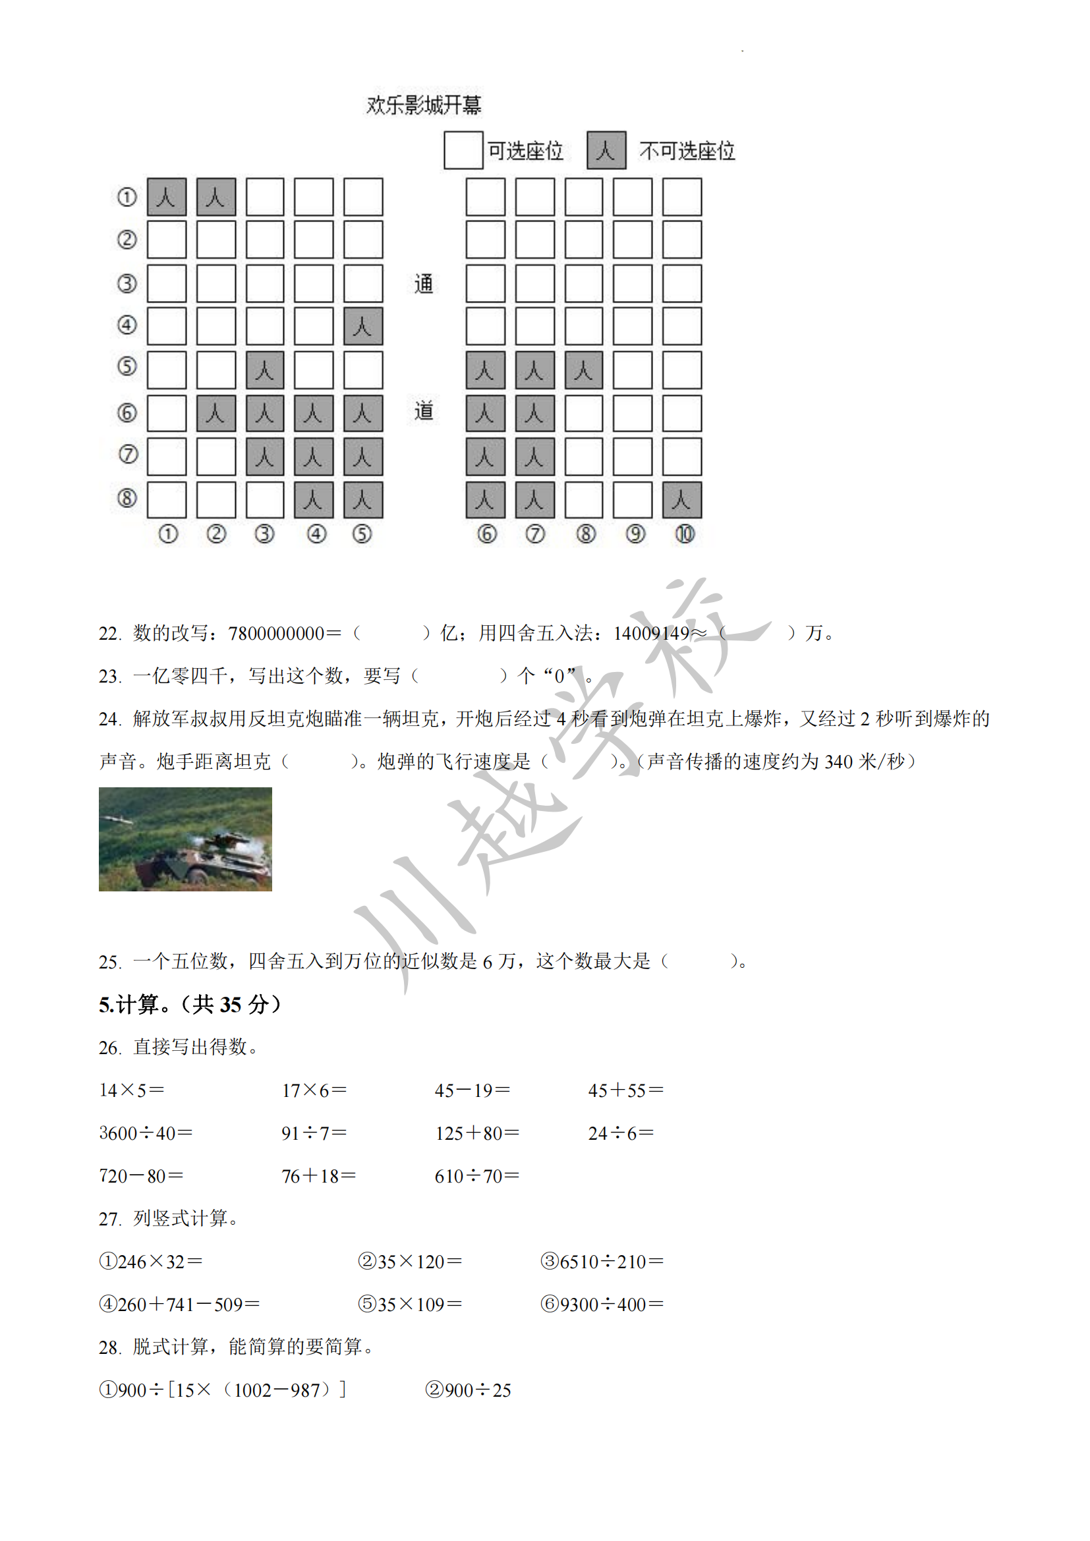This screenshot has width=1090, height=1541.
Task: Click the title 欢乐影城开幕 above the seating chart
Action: click(424, 105)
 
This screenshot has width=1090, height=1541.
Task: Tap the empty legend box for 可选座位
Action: click(463, 150)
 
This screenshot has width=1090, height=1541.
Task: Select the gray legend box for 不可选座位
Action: click(606, 150)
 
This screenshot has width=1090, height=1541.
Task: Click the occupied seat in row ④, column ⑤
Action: click(363, 326)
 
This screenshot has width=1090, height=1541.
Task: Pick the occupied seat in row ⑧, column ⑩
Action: click(682, 500)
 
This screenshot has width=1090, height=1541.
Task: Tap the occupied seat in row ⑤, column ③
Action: click(265, 370)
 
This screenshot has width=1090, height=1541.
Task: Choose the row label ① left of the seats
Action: click(127, 198)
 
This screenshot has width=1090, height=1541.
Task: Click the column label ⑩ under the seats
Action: click(685, 534)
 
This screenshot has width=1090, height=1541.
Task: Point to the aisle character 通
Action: click(424, 284)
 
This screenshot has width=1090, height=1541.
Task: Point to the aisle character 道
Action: click(424, 410)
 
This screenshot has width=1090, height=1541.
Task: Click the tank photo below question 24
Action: click(185, 839)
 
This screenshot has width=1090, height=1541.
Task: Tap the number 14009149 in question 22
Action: click(651, 634)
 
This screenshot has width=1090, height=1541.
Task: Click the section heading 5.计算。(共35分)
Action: click(190, 1005)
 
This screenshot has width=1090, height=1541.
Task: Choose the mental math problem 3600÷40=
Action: click(146, 1134)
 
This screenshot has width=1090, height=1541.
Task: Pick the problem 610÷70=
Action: click(476, 1177)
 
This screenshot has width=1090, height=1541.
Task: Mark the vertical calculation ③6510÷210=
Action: click(602, 1262)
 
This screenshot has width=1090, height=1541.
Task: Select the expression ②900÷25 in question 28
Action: click(468, 1390)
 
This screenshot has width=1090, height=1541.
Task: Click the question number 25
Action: click(109, 963)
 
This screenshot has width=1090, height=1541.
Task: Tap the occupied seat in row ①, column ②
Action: click(216, 198)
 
